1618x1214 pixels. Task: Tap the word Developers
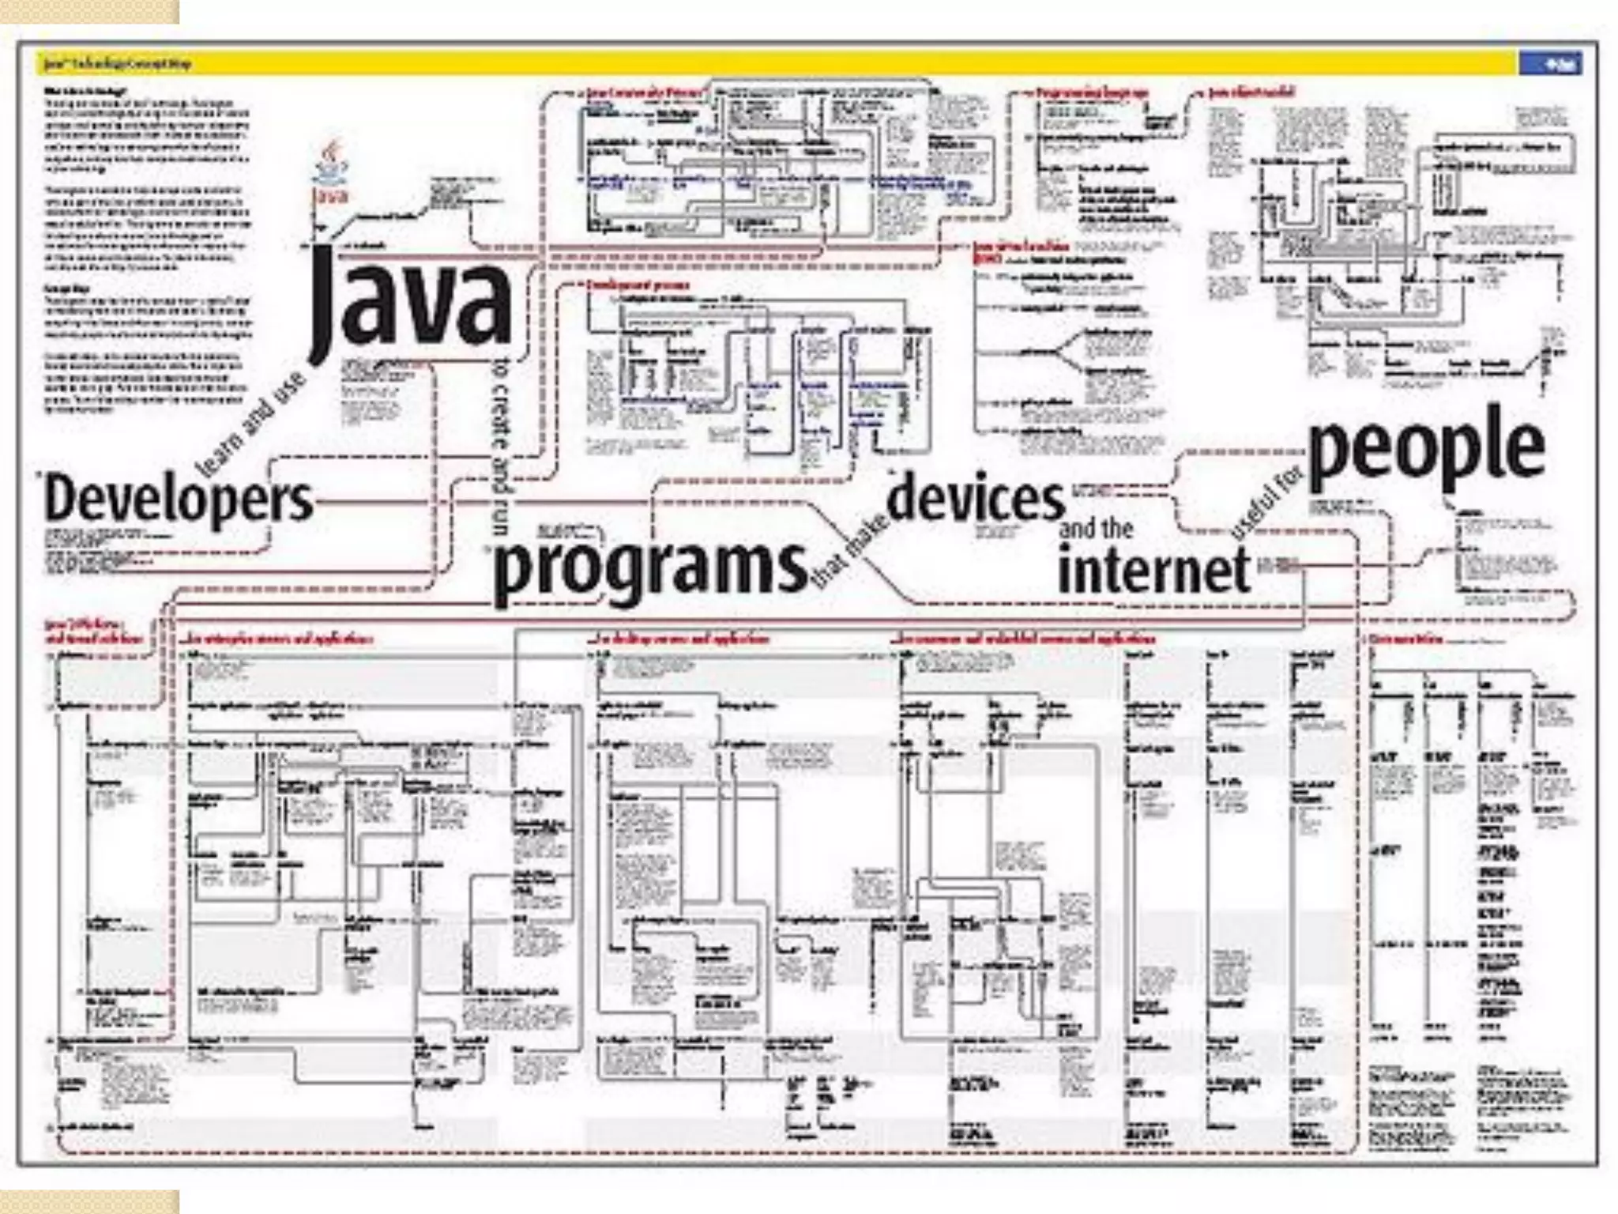[x=179, y=500]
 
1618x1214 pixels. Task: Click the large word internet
[x=1154, y=570]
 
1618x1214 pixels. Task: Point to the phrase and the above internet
[x=1096, y=529]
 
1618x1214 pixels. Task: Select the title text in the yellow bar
[x=119, y=64]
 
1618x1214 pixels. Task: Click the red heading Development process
[x=638, y=285]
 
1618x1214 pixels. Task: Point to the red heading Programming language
[x=1092, y=93]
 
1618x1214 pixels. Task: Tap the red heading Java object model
[x=1251, y=92]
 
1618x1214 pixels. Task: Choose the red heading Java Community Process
[x=644, y=93]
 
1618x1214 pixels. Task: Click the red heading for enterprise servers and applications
[x=277, y=639]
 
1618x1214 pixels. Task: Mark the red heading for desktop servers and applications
[x=679, y=639]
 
